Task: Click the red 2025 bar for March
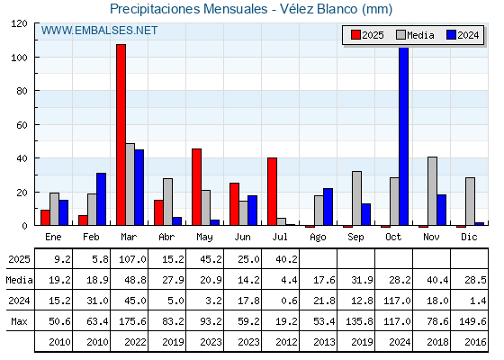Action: pyautogui.click(x=121, y=135)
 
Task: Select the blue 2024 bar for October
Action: pyautogui.click(x=404, y=136)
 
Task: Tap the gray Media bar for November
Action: pyautogui.click(x=432, y=191)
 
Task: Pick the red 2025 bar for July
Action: pyautogui.click(x=272, y=192)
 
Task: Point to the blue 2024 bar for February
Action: pyautogui.click(x=101, y=199)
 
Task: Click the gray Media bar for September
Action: pyautogui.click(x=356, y=198)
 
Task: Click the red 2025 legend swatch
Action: pyautogui.click(x=355, y=35)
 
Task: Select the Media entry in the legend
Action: pyautogui.click(x=416, y=35)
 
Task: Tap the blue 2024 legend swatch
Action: pyautogui.click(x=451, y=35)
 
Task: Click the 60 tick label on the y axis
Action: pyautogui.click(x=22, y=125)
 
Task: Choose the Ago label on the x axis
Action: pyautogui.click(x=318, y=238)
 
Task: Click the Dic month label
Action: pyautogui.click(x=469, y=237)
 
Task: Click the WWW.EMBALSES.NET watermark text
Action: pyautogui.click(x=99, y=31)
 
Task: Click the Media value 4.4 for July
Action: pyautogui.click(x=289, y=280)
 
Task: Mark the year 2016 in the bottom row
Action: pyautogui.click(x=475, y=342)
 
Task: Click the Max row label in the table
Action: pyautogui.click(x=19, y=321)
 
